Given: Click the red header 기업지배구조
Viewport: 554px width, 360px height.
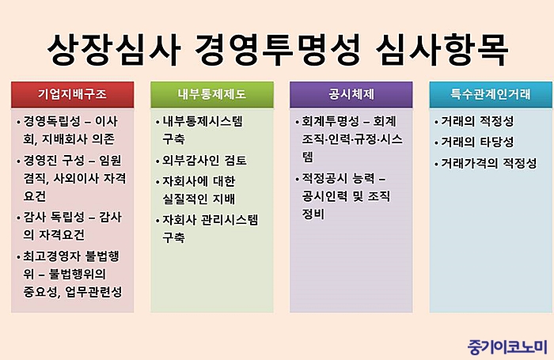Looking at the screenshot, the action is pos(73,94).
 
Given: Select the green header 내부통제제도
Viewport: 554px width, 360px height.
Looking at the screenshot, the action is pos(212,94).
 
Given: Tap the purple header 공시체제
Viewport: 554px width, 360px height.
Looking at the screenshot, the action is pos(351,94).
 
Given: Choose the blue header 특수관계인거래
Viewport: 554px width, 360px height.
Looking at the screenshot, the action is pos(491,94).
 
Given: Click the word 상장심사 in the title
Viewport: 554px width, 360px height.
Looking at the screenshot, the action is pos(114,50).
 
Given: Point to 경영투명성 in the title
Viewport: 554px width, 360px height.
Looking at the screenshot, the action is pos(278,50).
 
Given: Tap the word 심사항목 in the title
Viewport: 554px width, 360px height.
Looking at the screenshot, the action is pos(442,50).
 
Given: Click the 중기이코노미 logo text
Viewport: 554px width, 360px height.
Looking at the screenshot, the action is pos(507,347).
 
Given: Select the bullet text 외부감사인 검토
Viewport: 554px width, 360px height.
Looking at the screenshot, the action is pos(204,161).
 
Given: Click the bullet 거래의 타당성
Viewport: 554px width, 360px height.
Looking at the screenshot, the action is pos(477,142).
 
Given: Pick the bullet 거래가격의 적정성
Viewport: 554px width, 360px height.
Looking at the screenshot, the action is pos(489,163).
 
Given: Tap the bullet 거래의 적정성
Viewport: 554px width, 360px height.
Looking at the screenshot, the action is pos(477,121).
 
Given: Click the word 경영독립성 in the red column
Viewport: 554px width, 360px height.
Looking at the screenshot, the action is pos(52,121).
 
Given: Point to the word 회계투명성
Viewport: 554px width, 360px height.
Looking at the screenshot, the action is pos(330,121).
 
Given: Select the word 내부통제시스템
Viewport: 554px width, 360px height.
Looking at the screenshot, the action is pos(203,121).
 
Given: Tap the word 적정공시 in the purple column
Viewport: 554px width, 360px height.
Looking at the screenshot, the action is pos(324,178).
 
